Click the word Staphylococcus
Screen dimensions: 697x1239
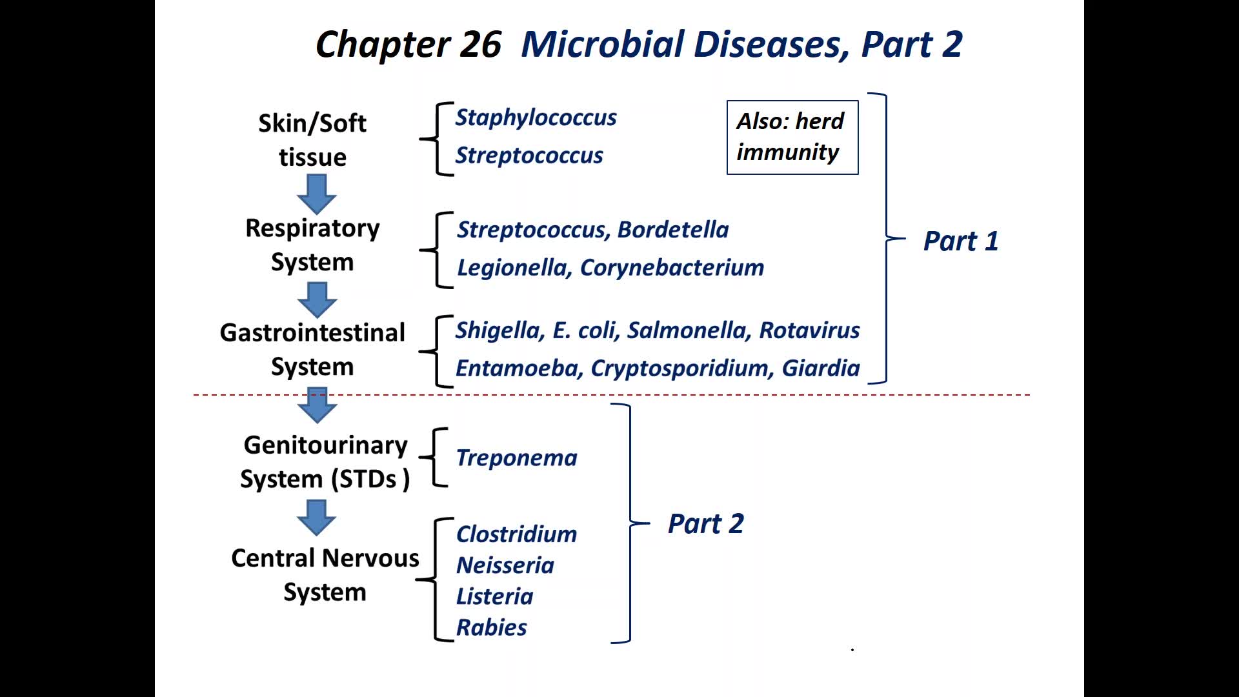(x=536, y=117)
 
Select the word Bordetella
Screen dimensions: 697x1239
(x=673, y=230)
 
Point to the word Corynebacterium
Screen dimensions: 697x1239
(x=672, y=268)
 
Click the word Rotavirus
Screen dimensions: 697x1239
(x=809, y=330)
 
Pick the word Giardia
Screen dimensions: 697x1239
(x=821, y=369)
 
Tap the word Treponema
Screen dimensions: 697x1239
(x=516, y=458)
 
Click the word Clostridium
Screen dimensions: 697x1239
(x=516, y=534)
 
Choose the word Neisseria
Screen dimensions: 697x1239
(x=505, y=566)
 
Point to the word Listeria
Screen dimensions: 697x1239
(x=494, y=597)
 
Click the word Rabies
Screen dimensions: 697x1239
(x=491, y=628)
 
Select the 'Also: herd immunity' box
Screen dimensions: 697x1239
(x=792, y=137)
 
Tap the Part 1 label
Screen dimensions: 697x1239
(x=961, y=241)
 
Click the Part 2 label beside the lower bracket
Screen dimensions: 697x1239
(x=705, y=524)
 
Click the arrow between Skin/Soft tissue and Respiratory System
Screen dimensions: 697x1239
(x=317, y=194)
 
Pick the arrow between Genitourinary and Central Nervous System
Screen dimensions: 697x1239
(x=317, y=518)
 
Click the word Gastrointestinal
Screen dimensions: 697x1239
(x=312, y=333)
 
